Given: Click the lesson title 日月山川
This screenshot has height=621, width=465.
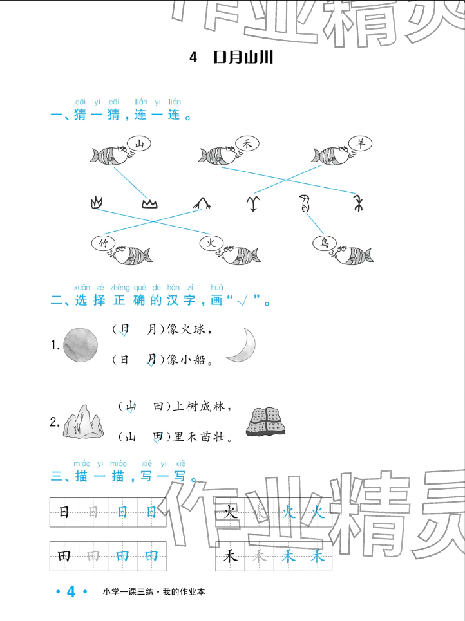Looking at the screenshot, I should [x=243, y=58].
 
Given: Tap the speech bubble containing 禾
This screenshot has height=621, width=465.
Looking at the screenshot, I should [x=246, y=144].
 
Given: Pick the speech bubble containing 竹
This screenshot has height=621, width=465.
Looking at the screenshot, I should [x=102, y=243].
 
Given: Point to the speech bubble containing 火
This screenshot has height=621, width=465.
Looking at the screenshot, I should [x=211, y=243].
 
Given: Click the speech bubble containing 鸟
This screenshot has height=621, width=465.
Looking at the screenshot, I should [x=325, y=243].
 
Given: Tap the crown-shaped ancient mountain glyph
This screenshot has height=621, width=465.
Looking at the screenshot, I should [x=149, y=204].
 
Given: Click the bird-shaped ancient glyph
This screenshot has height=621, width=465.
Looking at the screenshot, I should [x=305, y=204].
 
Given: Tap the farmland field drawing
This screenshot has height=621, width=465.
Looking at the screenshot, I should [x=267, y=422].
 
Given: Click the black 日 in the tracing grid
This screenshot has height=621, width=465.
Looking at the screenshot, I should [x=64, y=512].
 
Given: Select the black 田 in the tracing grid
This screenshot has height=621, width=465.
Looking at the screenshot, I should [x=64, y=557].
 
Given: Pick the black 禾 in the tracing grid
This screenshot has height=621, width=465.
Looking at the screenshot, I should [x=230, y=557].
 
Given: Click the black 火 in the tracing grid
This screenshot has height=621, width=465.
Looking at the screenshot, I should [x=230, y=512].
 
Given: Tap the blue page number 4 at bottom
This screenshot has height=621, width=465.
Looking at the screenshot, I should [x=71, y=592].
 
